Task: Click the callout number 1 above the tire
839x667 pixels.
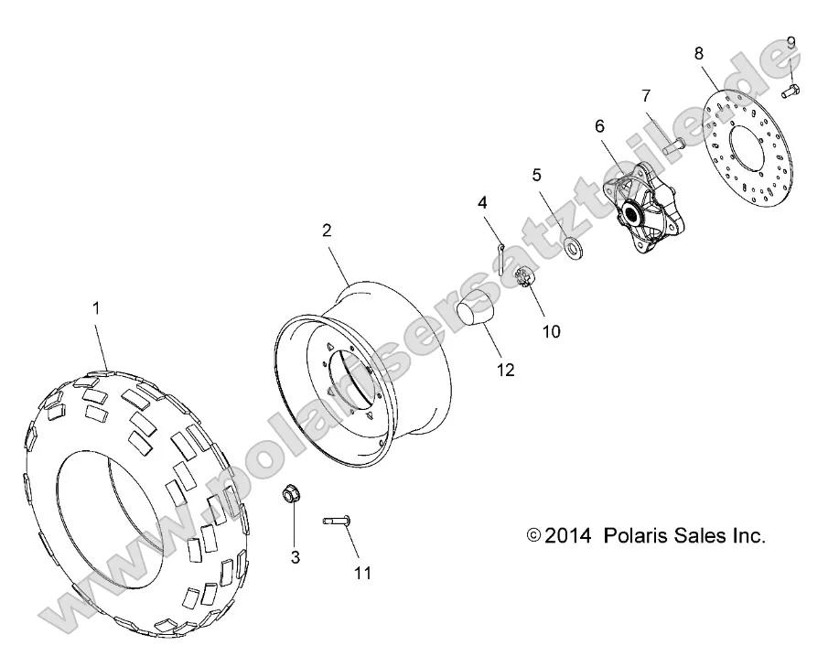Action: point(97,309)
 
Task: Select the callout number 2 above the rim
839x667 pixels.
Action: point(327,231)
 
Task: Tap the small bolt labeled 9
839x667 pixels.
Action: point(791,90)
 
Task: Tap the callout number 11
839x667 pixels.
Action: point(363,573)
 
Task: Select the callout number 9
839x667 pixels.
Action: point(791,42)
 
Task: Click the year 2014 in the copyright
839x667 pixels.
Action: point(569,536)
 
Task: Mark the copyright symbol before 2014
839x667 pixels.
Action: point(534,537)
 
